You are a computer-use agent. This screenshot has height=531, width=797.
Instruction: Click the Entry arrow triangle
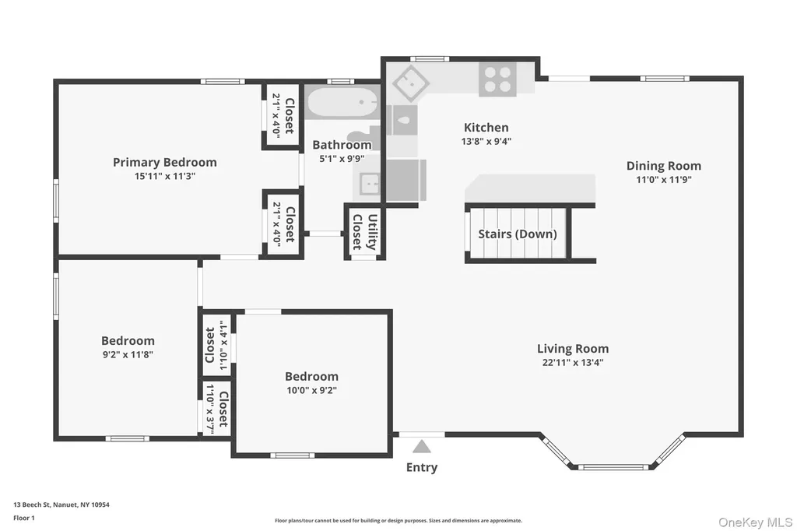[x=421, y=447]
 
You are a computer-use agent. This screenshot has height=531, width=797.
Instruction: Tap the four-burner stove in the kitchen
[x=497, y=79]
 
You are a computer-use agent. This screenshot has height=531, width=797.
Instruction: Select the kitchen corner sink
[x=410, y=83]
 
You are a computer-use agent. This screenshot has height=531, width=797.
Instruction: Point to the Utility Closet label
[x=365, y=232]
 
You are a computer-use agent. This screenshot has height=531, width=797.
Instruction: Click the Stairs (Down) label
[x=518, y=234]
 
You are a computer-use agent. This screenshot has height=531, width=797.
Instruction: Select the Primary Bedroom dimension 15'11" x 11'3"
[x=165, y=177]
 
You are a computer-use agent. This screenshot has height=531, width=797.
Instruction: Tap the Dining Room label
[x=663, y=166]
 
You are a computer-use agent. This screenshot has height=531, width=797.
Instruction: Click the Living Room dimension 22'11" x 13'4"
[x=573, y=363]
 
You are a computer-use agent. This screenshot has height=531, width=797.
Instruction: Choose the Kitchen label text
[x=486, y=127]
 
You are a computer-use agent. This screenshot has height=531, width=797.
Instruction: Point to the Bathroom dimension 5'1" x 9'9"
[x=342, y=159]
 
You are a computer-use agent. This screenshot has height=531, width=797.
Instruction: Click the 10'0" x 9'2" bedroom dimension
[x=311, y=391]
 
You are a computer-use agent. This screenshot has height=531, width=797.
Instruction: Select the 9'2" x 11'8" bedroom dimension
[x=128, y=355]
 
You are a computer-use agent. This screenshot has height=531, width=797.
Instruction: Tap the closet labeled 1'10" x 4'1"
[x=217, y=345]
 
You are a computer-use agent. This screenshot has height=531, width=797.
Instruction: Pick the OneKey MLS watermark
[x=755, y=522]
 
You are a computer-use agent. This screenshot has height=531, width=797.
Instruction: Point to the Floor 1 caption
[x=24, y=518]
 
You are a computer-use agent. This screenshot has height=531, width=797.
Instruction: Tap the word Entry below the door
[x=422, y=467]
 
